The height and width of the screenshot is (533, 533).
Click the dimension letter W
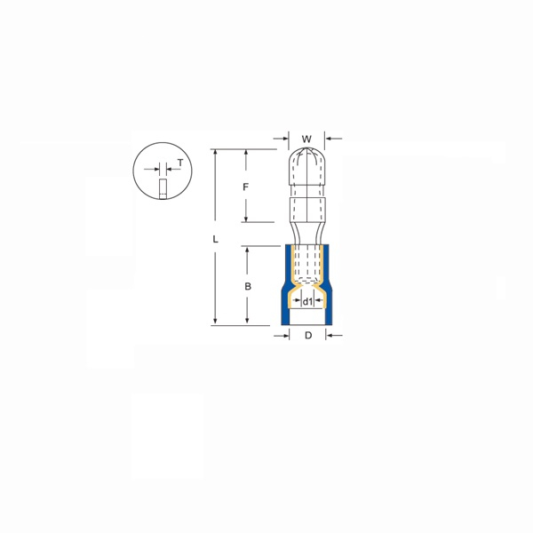pyautogui.click(x=306, y=139)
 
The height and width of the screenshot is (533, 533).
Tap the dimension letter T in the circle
pyautogui.click(x=180, y=163)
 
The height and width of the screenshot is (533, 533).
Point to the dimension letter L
pyautogui.click(x=215, y=240)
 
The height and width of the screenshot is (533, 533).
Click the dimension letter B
pyautogui.click(x=248, y=286)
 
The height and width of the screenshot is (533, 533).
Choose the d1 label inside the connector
pyautogui.click(x=307, y=302)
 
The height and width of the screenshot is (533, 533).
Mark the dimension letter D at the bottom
pyautogui.click(x=307, y=335)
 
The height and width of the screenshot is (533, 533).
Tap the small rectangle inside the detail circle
pyautogui.click(x=163, y=189)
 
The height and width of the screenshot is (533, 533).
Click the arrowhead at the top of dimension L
pyautogui.click(x=215, y=153)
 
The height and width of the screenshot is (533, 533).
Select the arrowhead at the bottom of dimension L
pyautogui.click(x=215, y=322)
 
